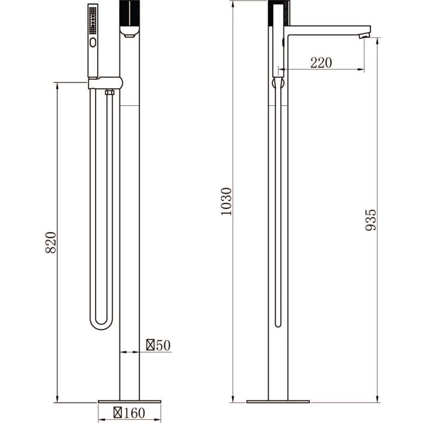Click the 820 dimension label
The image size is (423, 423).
coord(51,242)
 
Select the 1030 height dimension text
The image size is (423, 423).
coord(226,201)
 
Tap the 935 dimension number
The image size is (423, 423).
coord(371,220)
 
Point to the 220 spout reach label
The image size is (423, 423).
coord(321,63)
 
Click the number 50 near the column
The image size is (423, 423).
coord(163,345)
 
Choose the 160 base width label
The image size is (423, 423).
coord(134,413)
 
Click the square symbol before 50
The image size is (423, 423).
coord(151,345)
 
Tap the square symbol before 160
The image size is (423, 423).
coord(118,412)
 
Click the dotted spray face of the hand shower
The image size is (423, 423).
coord(93,20)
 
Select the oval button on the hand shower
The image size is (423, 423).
coord(93,43)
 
